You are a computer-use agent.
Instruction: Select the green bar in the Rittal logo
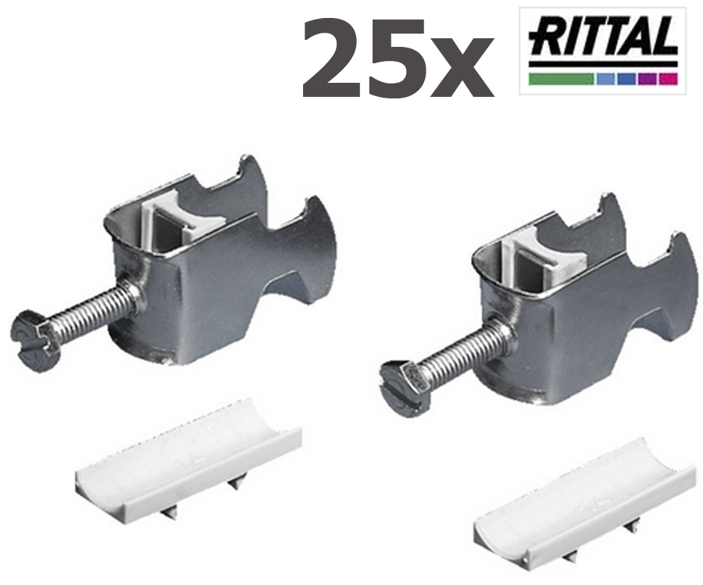point(562,79)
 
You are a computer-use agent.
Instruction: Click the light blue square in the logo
point(607,79)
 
